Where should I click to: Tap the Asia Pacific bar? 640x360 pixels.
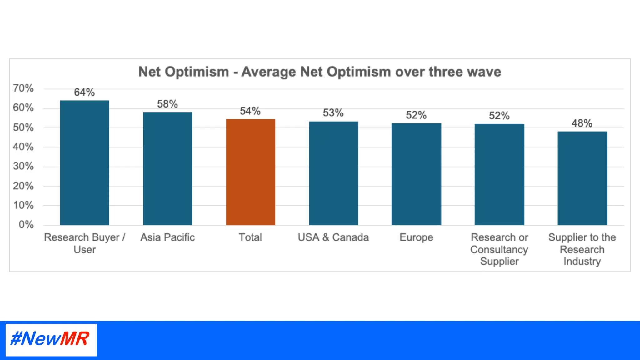point(167,168)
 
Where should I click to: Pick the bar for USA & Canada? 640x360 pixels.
point(333,173)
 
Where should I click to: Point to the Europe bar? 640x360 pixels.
point(416,174)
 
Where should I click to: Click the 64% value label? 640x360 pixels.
point(84,92)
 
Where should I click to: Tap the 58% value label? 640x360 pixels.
point(167,104)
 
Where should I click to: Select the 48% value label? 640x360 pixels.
point(582,123)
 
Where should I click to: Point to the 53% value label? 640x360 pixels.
point(333,112)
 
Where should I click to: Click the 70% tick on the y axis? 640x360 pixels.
point(23,88)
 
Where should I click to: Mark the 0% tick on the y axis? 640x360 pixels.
point(26,224)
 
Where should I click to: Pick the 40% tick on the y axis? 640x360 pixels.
point(23,147)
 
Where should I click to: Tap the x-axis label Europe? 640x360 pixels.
point(416,237)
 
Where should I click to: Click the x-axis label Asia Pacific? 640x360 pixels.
point(167,237)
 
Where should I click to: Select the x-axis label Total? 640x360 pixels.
point(250,237)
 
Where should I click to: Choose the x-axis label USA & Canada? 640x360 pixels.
point(333,237)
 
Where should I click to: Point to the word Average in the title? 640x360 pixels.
point(268,72)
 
